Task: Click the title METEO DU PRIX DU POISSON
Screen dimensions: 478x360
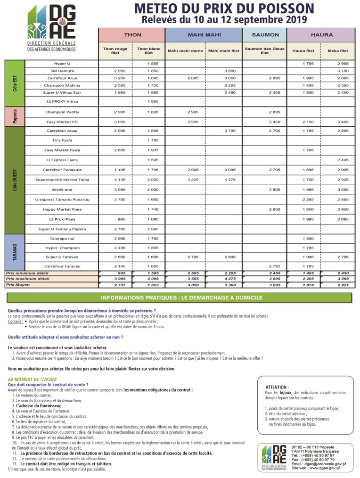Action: [224, 8]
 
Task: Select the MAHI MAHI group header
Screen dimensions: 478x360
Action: [203, 35]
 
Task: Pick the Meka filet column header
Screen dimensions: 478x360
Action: [338, 51]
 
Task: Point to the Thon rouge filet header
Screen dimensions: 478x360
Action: [115, 51]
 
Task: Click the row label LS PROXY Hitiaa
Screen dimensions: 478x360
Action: [62, 101]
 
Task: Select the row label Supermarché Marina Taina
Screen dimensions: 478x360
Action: [62, 179]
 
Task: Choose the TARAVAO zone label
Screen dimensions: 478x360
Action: [14, 253]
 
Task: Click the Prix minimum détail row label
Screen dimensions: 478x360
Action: [27, 273]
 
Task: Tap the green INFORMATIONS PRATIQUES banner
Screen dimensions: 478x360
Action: [179, 298]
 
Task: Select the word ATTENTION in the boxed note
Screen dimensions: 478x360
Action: [277, 387]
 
